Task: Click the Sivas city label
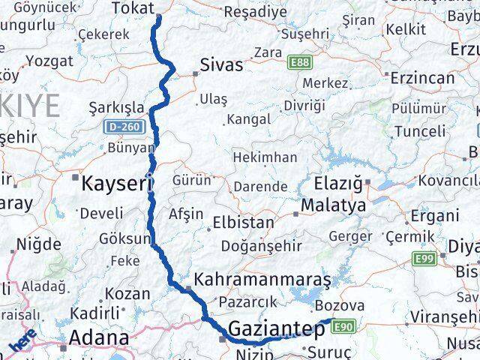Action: pyautogui.click(x=222, y=65)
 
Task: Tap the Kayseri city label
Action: pyautogui.click(x=112, y=183)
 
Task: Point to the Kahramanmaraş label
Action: pyautogui.click(x=262, y=280)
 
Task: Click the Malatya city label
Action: pyautogui.click(x=333, y=205)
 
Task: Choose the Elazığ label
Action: pyautogui.click(x=342, y=183)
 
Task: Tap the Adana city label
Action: pyautogui.click(x=98, y=338)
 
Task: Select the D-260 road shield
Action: pyautogui.click(x=121, y=127)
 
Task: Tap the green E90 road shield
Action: pyautogui.click(x=344, y=326)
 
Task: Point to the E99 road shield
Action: pyautogui.click(x=424, y=259)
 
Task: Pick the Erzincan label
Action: pyautogui.click(x=422, y=77)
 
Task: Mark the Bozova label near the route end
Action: pyautogui.click(x=340, y=306)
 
